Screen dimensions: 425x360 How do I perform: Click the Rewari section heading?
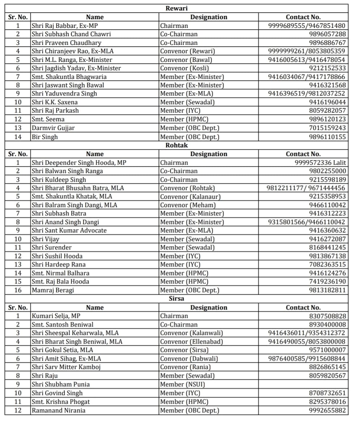point(177,8)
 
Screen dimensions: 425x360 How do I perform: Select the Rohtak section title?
point(177,145)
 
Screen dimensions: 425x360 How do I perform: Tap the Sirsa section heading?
point(177,299)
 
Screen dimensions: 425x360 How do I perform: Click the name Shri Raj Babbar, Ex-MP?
point(65,26)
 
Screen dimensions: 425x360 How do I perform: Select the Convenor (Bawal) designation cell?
point(186,60)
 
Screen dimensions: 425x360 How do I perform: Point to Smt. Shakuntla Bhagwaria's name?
point(69,77)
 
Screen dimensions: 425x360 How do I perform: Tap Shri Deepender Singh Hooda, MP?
point(79,163)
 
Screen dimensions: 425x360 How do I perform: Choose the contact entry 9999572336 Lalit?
point(320,163)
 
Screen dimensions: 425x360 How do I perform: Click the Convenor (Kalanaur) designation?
point(190,197)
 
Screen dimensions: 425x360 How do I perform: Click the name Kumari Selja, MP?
point(56,316)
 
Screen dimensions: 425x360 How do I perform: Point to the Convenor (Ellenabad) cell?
point(191,341)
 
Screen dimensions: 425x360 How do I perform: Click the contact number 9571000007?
point(327,350)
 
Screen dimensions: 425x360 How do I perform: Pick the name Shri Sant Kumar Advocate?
point(69,231)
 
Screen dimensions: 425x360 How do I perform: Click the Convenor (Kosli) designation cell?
point(185,68)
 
